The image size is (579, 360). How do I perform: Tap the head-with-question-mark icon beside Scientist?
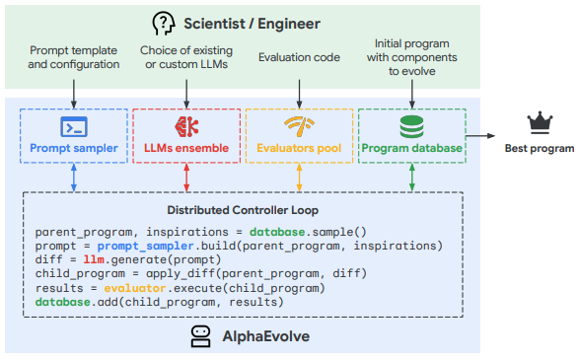click(x=163, y=21)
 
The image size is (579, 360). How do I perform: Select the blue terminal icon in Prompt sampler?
click(x=74, y=126)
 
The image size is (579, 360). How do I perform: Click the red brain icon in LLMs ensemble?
click(x=186, y=126)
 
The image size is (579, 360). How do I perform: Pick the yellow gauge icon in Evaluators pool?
click(x=299, y=126)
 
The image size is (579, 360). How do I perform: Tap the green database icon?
click(x=411, y=126)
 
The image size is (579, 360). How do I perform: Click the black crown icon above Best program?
click(x=539, y=123)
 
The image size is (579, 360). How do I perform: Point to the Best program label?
click(x=539, y=149)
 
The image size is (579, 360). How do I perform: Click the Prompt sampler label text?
click(x=74, y=149)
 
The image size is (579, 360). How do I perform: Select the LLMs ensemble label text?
click(x=186, y=149)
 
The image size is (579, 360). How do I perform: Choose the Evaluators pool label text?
click(x=299, y=149)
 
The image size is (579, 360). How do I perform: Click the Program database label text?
click(x=411, y=149)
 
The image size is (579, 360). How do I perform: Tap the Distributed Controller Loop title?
click(x=243, y=210)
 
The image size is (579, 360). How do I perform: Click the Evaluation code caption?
click(x=299, y=58)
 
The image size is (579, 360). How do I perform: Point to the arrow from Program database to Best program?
click(x=479, y=136)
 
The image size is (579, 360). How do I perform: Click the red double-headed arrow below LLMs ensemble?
click(x=186, y=178)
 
